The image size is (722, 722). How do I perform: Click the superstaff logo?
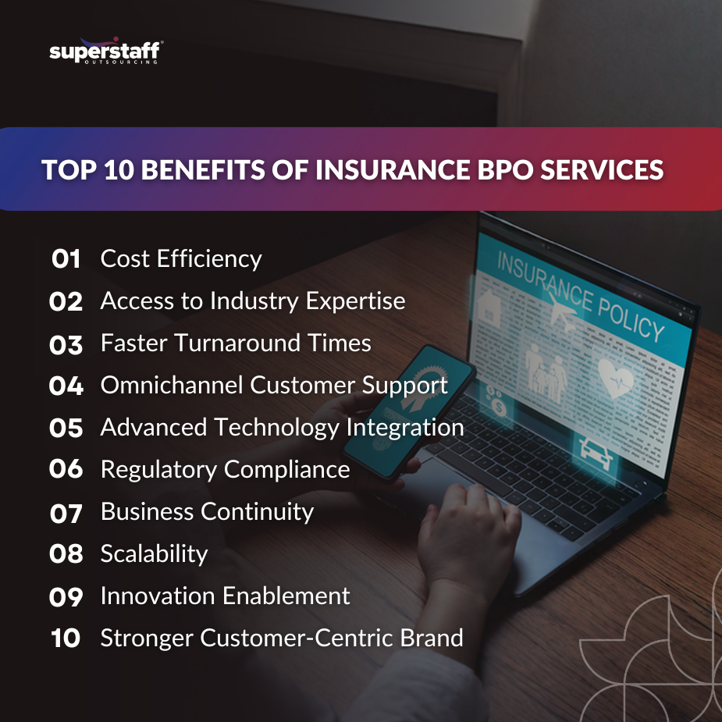(x=105, y=52)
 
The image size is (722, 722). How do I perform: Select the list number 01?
(x=66, y=259)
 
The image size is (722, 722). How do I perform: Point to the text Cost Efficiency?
(x=181, y=259)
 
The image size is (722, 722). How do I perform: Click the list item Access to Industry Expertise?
(x=253, y=301)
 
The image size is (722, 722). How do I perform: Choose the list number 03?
(x=66, y=343)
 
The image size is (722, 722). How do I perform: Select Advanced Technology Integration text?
(x=282, y=427)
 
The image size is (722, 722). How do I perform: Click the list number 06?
(x=66, y=469)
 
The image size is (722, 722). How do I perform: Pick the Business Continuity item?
(x=207, y=511)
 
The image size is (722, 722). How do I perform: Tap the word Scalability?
(x=155, y=553)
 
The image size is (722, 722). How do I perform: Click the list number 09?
(x=66, y=596)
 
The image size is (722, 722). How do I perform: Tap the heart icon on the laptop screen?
(x=617, y=379)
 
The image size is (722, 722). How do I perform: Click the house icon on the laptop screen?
(x=490, y=306)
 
